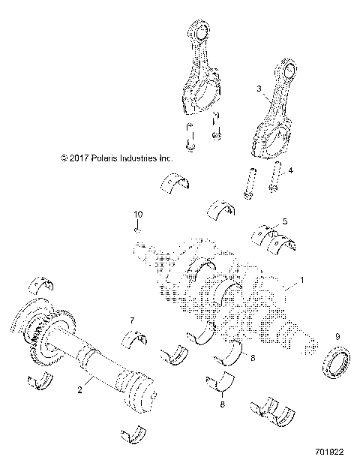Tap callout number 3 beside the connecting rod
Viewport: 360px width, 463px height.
pyautogui.click(x=259, y=89)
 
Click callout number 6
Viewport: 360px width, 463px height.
pyautogui.click(x=252, y=359)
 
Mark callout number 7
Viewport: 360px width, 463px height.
pyautogui.click(x=132, y=321)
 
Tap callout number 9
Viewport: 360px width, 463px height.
pyautogui.click(x=337, y=335)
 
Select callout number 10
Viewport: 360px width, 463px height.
pyautogui.click(x=137, y=215)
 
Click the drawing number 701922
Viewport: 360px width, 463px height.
pyautogui.click(x=331, y=453)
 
